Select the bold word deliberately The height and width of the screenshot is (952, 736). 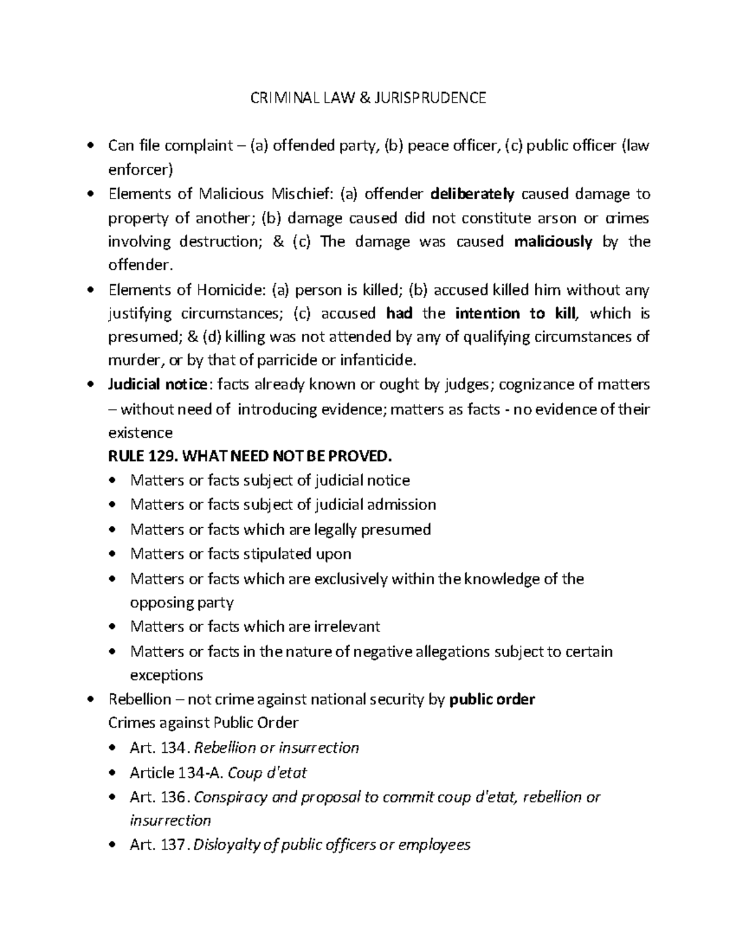(x=472, y=194)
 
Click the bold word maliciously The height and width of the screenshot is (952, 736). (x=553, y=242)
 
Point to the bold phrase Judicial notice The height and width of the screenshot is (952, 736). (x=158, y=385)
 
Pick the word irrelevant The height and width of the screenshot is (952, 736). (x=347, y=626)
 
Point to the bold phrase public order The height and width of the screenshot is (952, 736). (x=493, y=699)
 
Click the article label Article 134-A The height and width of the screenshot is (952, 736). (x=177, y=773)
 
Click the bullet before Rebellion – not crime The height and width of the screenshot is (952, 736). (x=91, y=700)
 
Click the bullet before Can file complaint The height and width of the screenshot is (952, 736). (x=91, y=146)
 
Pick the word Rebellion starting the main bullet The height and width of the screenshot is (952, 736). (x=139, y=699)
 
